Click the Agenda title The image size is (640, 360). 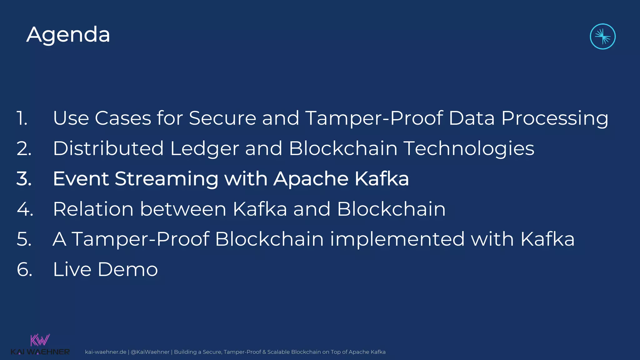[68, 35]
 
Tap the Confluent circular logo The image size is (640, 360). [602, 37]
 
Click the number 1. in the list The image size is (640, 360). [22, 118]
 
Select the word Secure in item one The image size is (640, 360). [222, 118]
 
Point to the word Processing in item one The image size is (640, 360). [555, 119]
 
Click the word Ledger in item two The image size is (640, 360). [204, 149]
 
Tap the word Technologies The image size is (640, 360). [469, 149]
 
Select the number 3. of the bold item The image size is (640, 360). [24, 179]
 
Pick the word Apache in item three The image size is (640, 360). [311, 179]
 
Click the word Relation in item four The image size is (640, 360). [93, 209]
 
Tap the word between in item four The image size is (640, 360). [183, 209]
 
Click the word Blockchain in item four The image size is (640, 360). [391, 209]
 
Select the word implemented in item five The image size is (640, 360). [397, 240]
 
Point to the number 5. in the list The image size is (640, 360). [24, 239]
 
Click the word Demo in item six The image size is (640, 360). [127, 269]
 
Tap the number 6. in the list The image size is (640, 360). [24, 269]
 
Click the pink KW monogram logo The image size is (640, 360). [40, 340]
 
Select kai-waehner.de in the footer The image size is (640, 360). [105, 352]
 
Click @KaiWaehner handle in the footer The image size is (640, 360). [150, 352]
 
